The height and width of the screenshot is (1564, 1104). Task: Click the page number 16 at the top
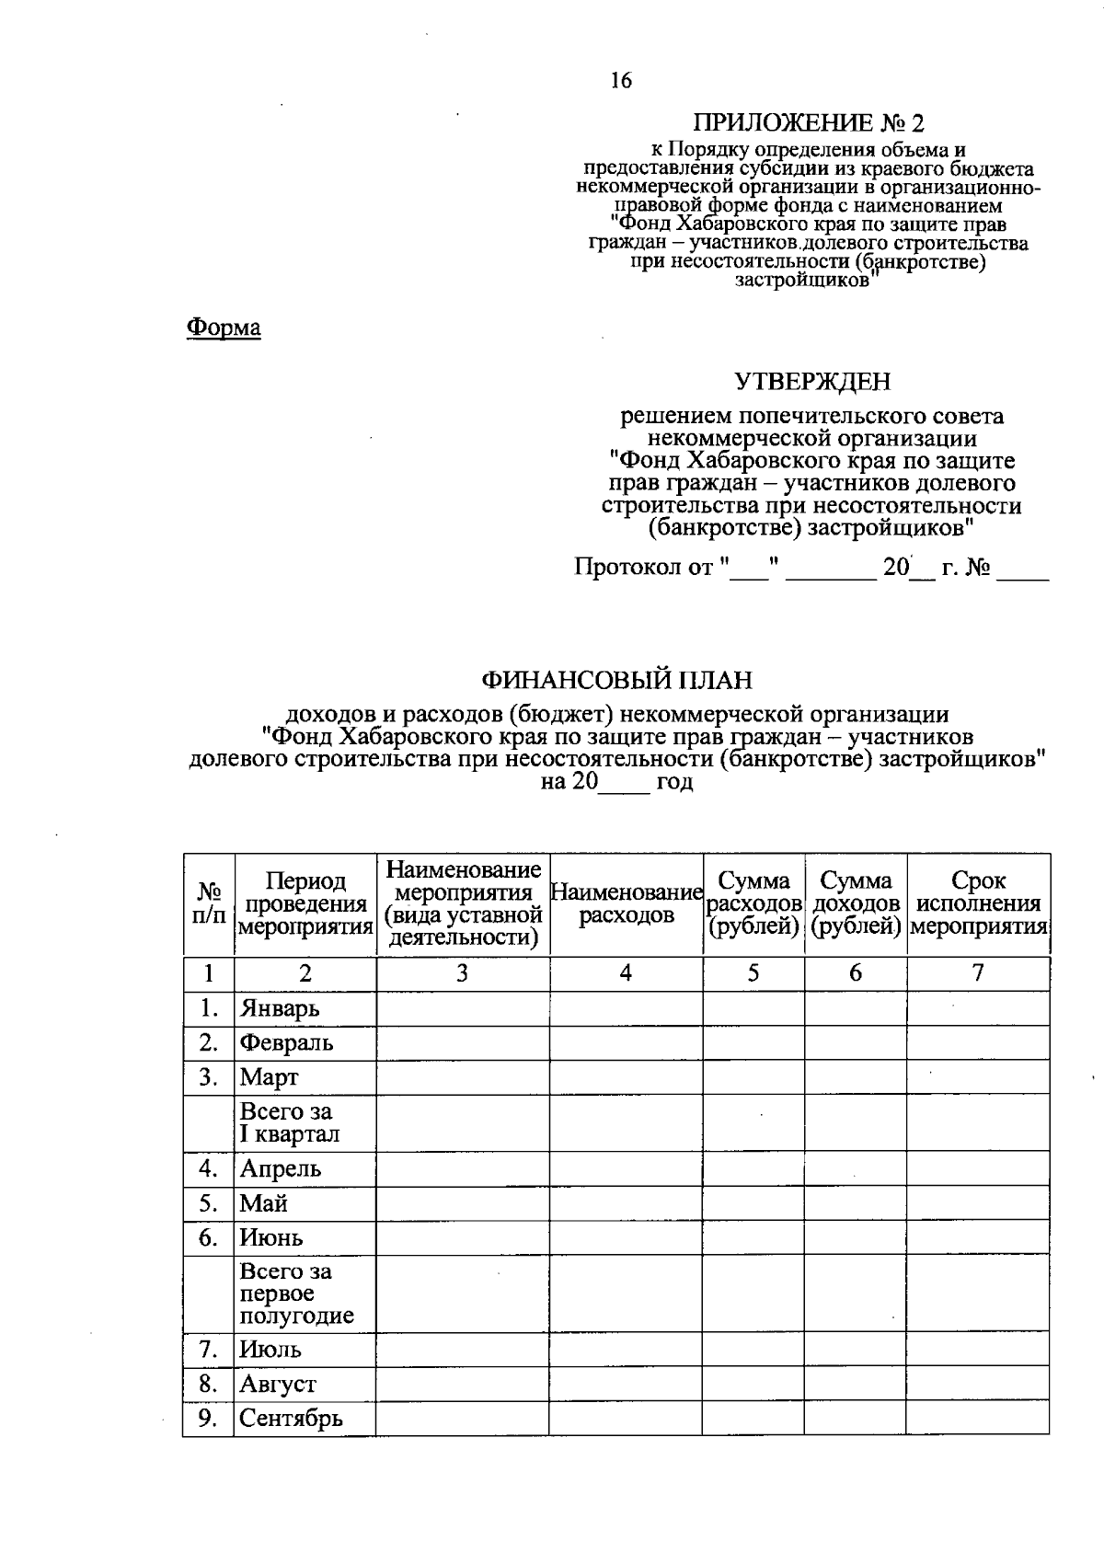621,81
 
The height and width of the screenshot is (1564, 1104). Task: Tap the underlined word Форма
224,328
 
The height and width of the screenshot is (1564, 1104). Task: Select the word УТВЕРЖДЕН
811,381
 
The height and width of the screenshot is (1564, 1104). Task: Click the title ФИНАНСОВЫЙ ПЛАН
616,680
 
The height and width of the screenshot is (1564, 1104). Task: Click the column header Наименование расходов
626,903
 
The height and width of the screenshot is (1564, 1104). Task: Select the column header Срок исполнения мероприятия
978,903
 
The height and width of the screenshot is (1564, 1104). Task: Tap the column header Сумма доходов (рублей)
856,903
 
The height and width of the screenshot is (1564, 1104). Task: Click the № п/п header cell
209,903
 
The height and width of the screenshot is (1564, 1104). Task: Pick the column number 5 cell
753,973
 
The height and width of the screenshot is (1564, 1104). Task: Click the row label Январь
280,1008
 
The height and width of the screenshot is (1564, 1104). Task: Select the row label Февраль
286,1042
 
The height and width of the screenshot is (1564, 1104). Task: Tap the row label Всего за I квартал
289,1122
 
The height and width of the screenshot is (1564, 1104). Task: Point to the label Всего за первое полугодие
296,1294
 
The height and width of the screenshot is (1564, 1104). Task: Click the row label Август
278,1384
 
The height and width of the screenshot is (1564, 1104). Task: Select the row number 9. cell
208,1418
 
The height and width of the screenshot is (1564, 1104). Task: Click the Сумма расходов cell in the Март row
753,1076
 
